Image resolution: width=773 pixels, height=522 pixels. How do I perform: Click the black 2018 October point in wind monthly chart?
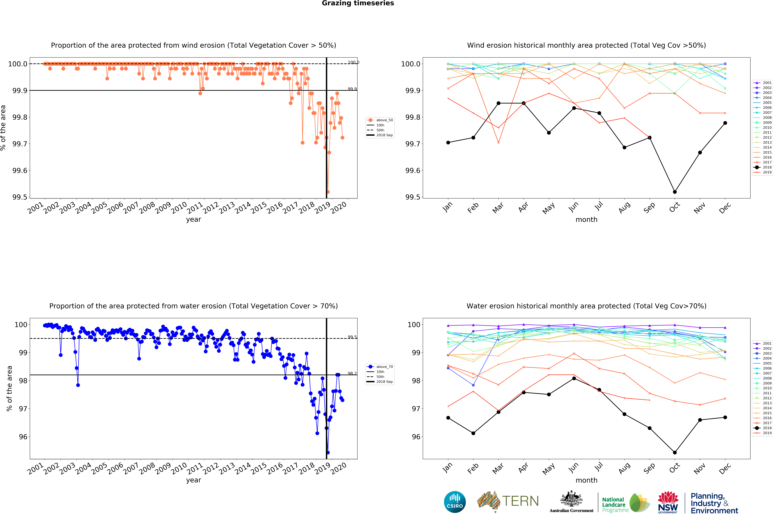675,192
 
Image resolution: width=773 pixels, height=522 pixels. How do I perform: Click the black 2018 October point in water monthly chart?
675,453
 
